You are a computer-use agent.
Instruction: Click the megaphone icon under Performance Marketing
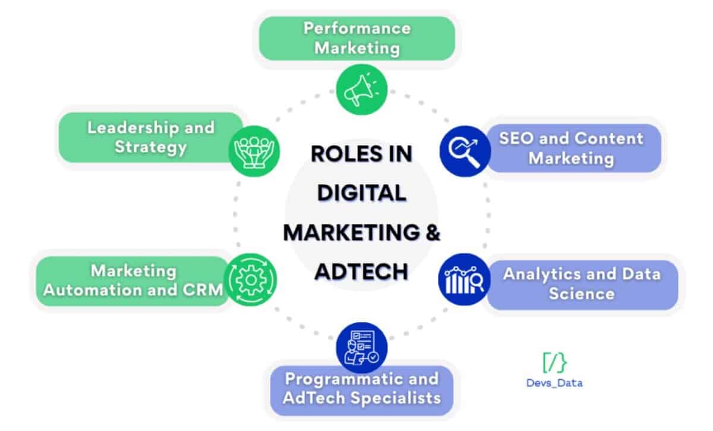coord(361,90)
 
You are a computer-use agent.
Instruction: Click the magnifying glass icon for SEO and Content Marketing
coord(465,151)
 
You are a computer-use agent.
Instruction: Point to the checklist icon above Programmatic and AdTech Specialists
coord(361,346)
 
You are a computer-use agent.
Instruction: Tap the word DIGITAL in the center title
coord(361,193)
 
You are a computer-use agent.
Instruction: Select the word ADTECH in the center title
coord(361,271)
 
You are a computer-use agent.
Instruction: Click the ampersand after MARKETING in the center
coord(433,232)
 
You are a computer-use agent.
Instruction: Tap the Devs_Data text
coord(555,383)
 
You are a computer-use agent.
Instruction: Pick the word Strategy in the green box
coord(150,147)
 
